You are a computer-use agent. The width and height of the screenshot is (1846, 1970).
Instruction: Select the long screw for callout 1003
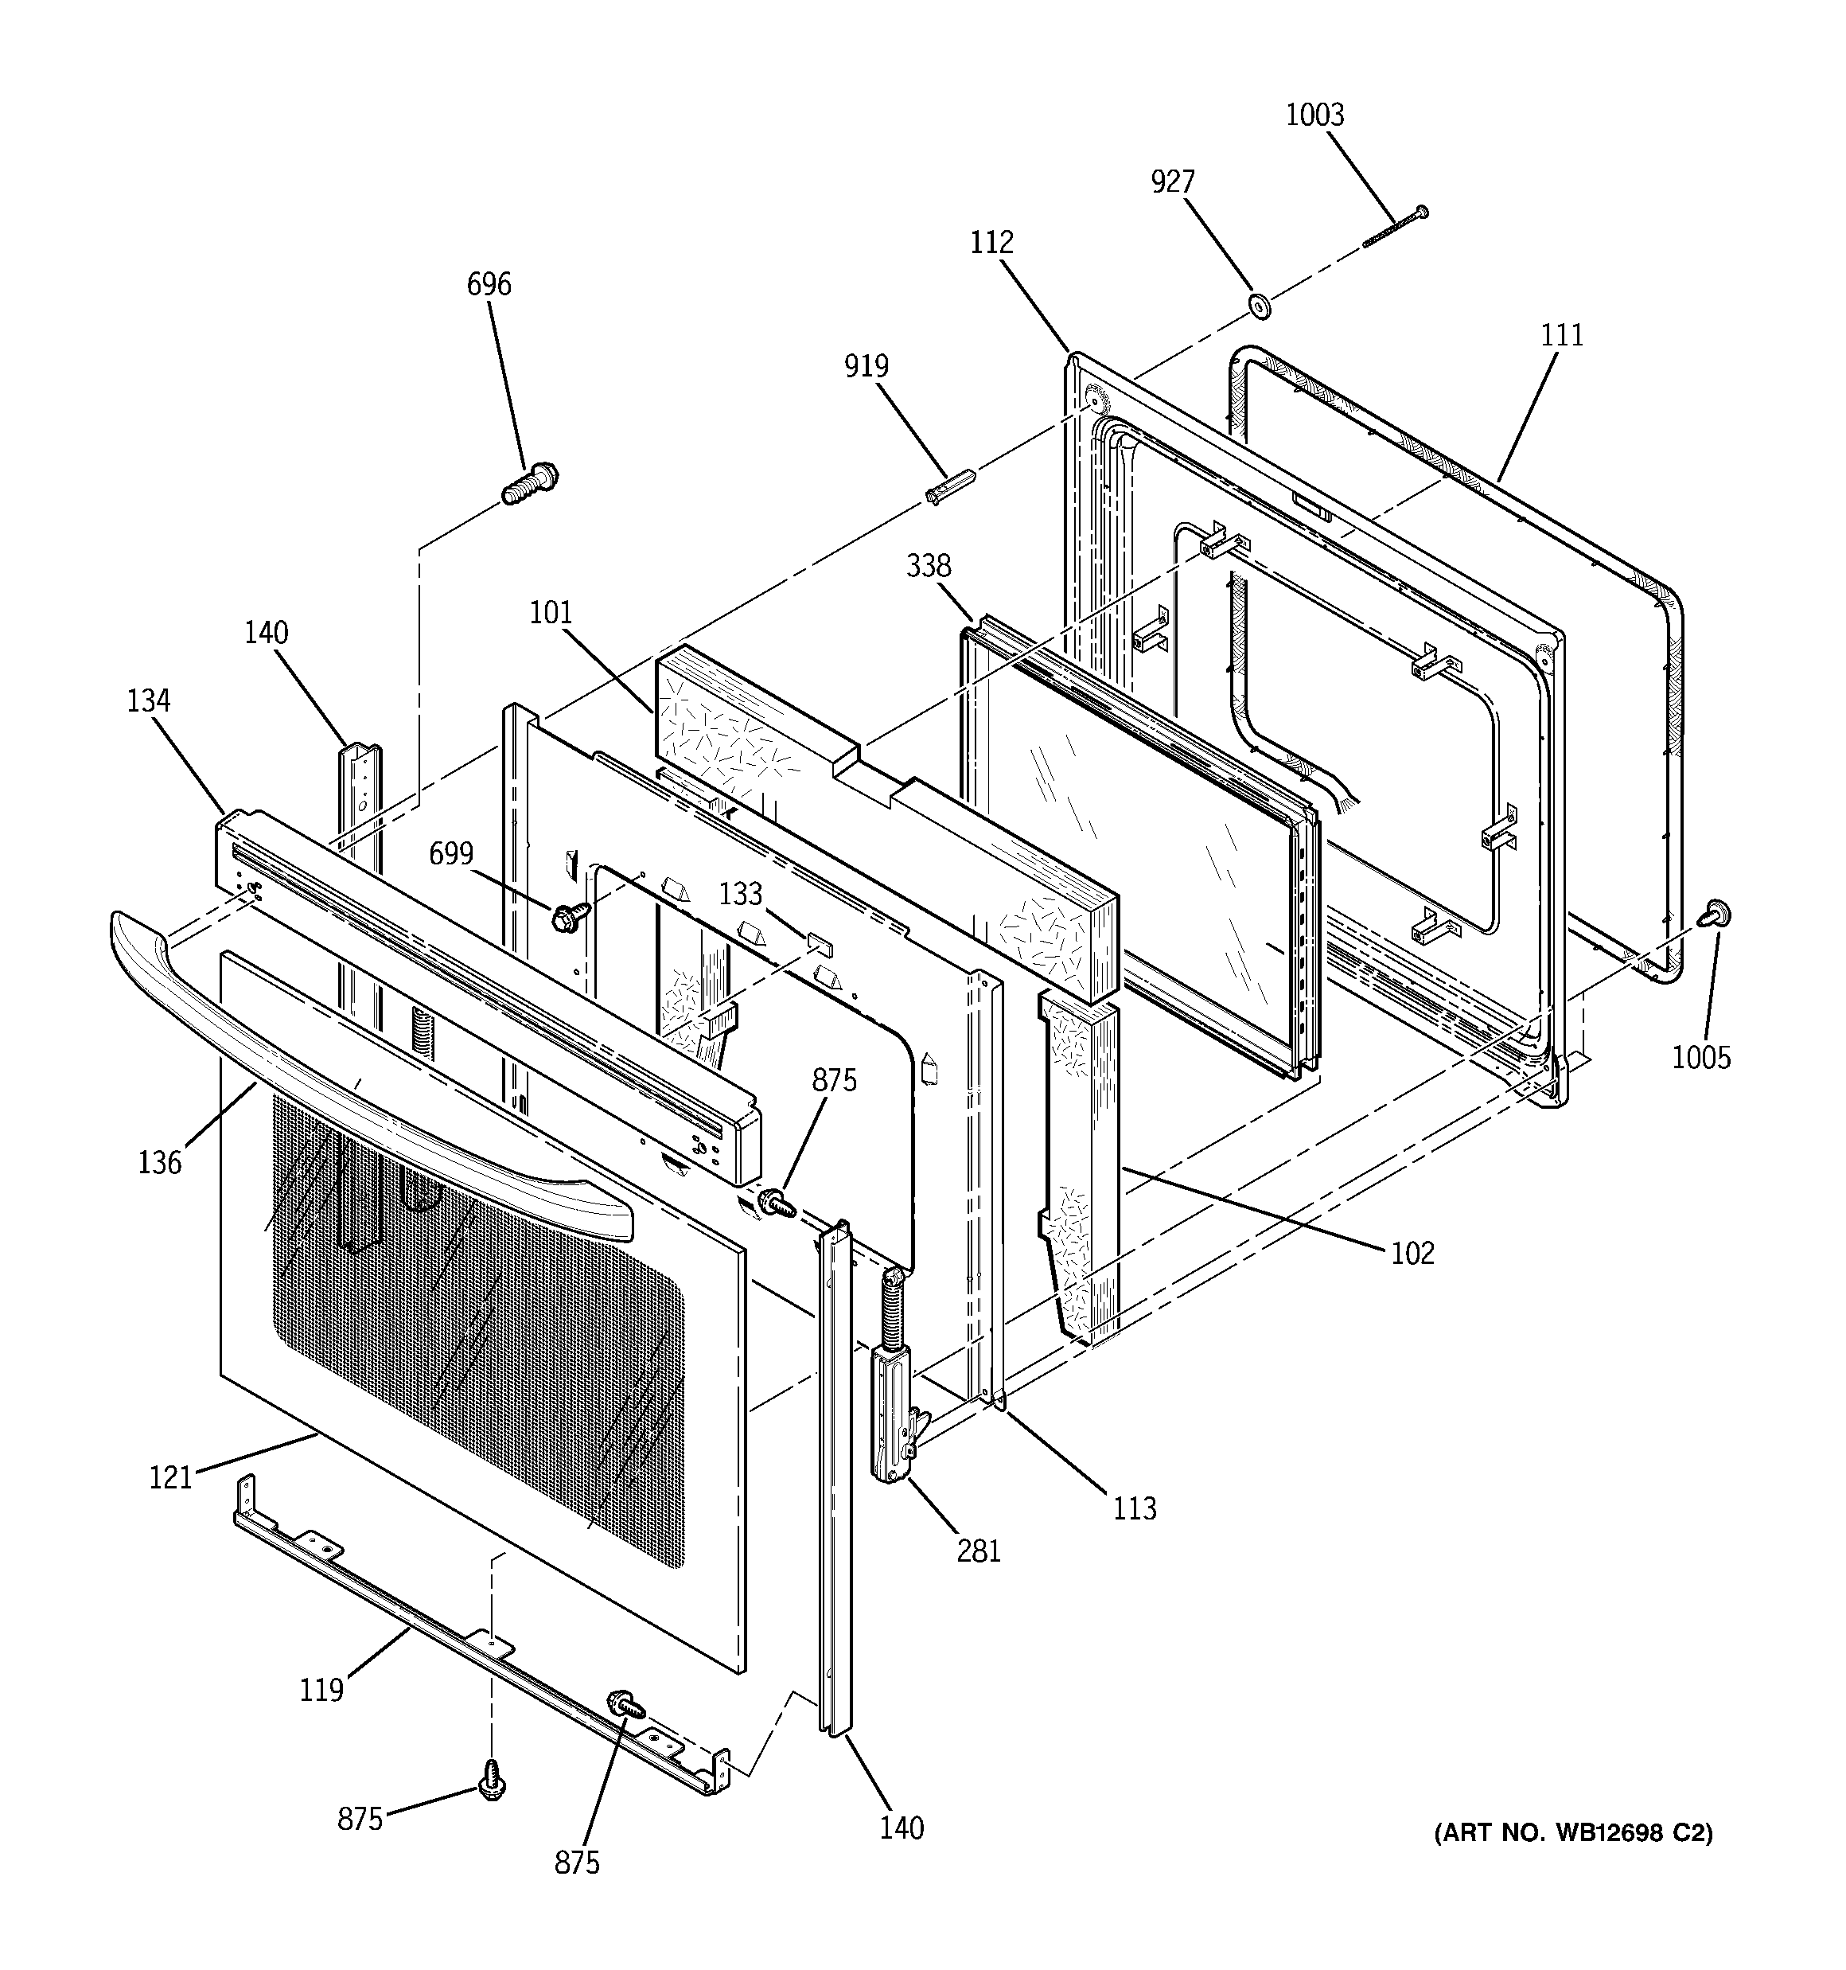1394,227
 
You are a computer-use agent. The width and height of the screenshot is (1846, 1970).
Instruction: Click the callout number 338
929,567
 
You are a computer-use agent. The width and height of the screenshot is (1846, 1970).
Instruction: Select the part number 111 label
1562,336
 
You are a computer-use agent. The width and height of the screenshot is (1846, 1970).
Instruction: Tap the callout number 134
149,701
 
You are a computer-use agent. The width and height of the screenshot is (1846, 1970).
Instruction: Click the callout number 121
170,1477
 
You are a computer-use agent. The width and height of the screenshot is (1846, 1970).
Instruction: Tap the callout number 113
1135,1508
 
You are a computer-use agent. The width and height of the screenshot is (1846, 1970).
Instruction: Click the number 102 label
1412,1254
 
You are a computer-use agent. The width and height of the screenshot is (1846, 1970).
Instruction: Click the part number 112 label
992,243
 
